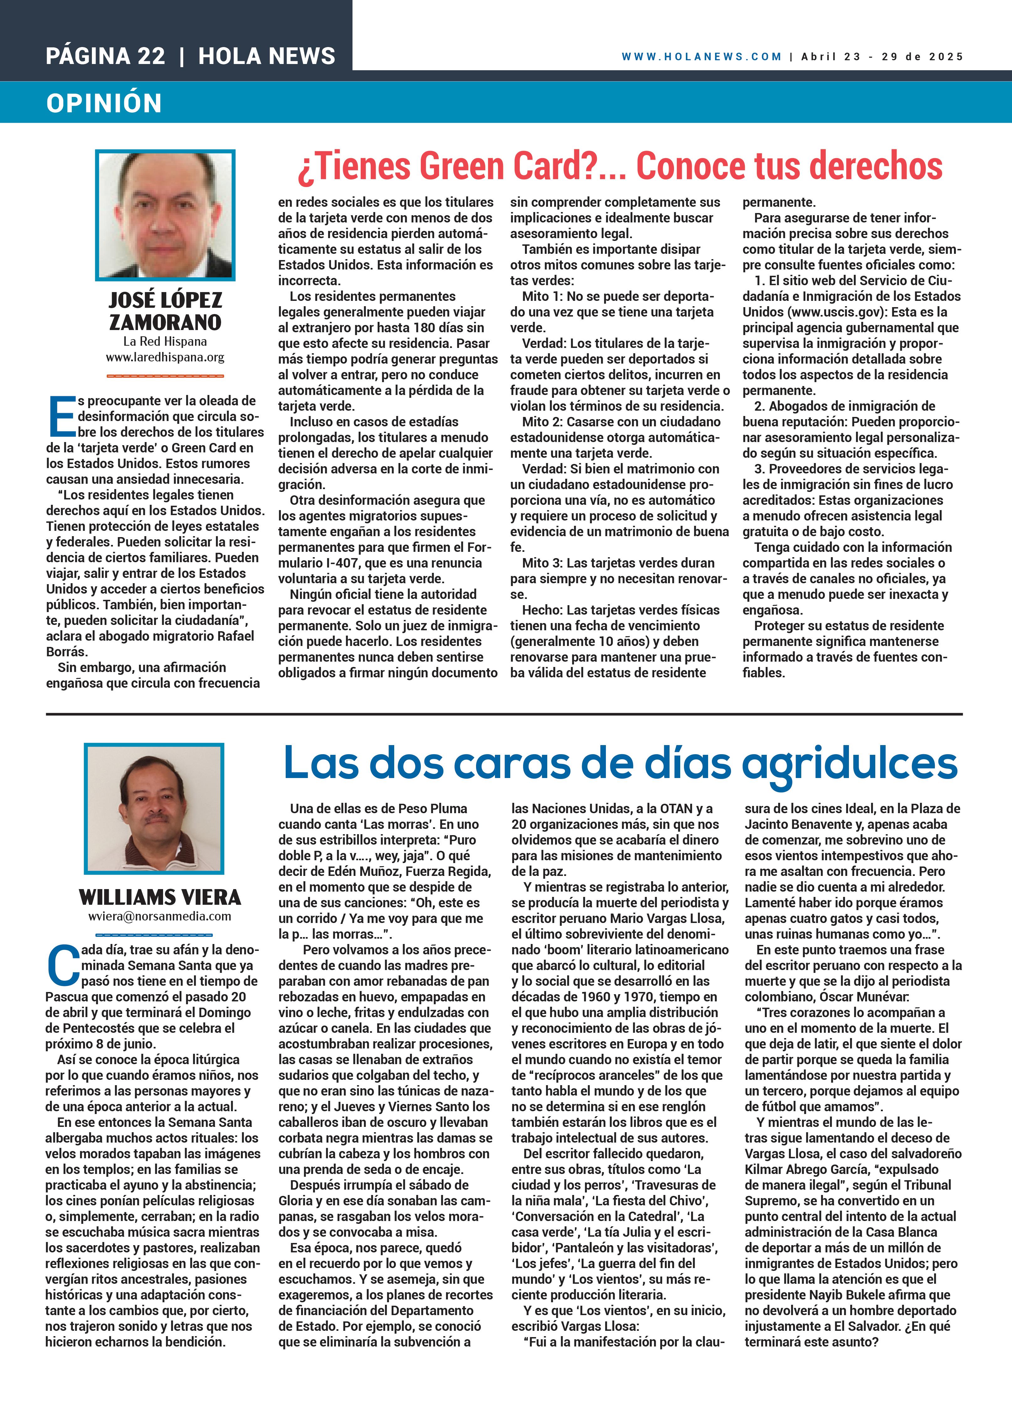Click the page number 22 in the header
pyautogui.click(x=151, y=56)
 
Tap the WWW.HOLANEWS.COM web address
pyautogui.click(x=701, y=57)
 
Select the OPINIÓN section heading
pyautogui.click(x=104, y=103)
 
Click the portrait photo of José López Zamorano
pyautogui.click(x=165, y=215)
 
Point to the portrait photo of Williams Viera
pyautogui.click(x=154, y=808)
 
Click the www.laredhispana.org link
pyautogui.click(x=165, y=358)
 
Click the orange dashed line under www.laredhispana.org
pyautogui.click(x=165, y=376)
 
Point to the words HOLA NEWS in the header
pyautogui.click(x=267, y=56)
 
